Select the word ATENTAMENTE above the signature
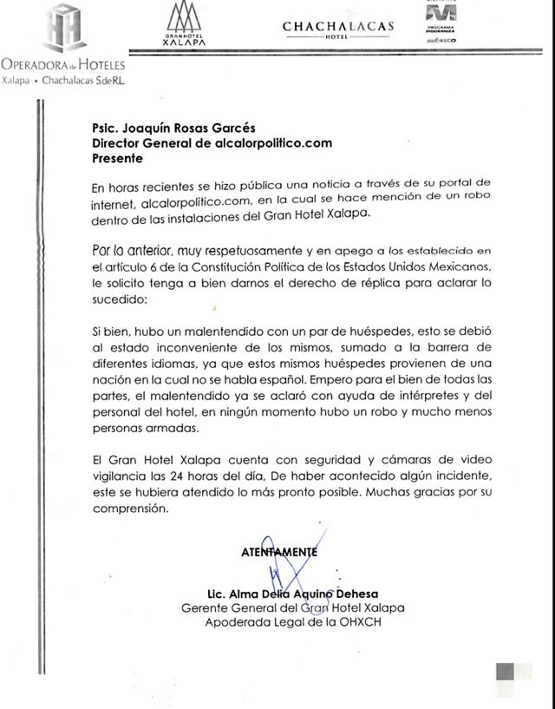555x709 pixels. click(280, 551)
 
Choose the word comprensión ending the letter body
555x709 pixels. click(128, 511)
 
